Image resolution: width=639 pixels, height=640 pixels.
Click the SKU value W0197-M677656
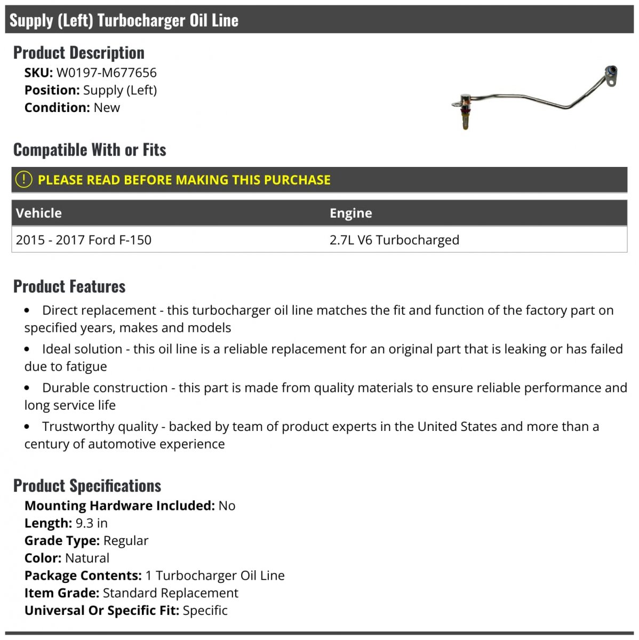[x=106, y=73]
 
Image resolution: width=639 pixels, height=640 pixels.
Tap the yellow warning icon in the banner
[x=23, y=180]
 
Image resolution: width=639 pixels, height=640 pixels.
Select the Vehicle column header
[x=39, y=213]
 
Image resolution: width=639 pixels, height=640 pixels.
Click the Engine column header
[x=350, y=213]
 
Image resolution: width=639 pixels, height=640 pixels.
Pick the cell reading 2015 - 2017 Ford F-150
[x=84, y=240]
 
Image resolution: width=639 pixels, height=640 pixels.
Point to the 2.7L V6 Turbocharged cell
[x=394, y=240]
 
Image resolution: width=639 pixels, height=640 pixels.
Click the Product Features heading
[x=69, y=286]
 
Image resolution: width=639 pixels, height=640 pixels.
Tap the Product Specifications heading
[x=87, y=486]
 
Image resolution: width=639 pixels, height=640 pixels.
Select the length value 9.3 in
[x=92, y=523]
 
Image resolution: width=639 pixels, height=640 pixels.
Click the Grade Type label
[x=62, y=541]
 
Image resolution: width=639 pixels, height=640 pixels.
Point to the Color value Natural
[x=87, y=558]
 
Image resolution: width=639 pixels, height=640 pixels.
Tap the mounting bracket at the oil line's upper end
[x=611, y=75]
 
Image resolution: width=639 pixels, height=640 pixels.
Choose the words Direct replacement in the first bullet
[x=99, y=310]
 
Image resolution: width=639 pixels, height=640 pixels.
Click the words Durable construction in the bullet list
[x=105, y=388]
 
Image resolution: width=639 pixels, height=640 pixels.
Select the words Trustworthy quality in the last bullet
[x=100, y=427]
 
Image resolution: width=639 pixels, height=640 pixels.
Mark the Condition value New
[x=107, y=108]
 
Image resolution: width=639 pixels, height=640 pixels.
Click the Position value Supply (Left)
[x=120, y=90]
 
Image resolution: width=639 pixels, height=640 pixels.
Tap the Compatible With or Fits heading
[x=90, y=150]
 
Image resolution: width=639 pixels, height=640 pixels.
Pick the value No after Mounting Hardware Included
[x=227, y=506]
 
